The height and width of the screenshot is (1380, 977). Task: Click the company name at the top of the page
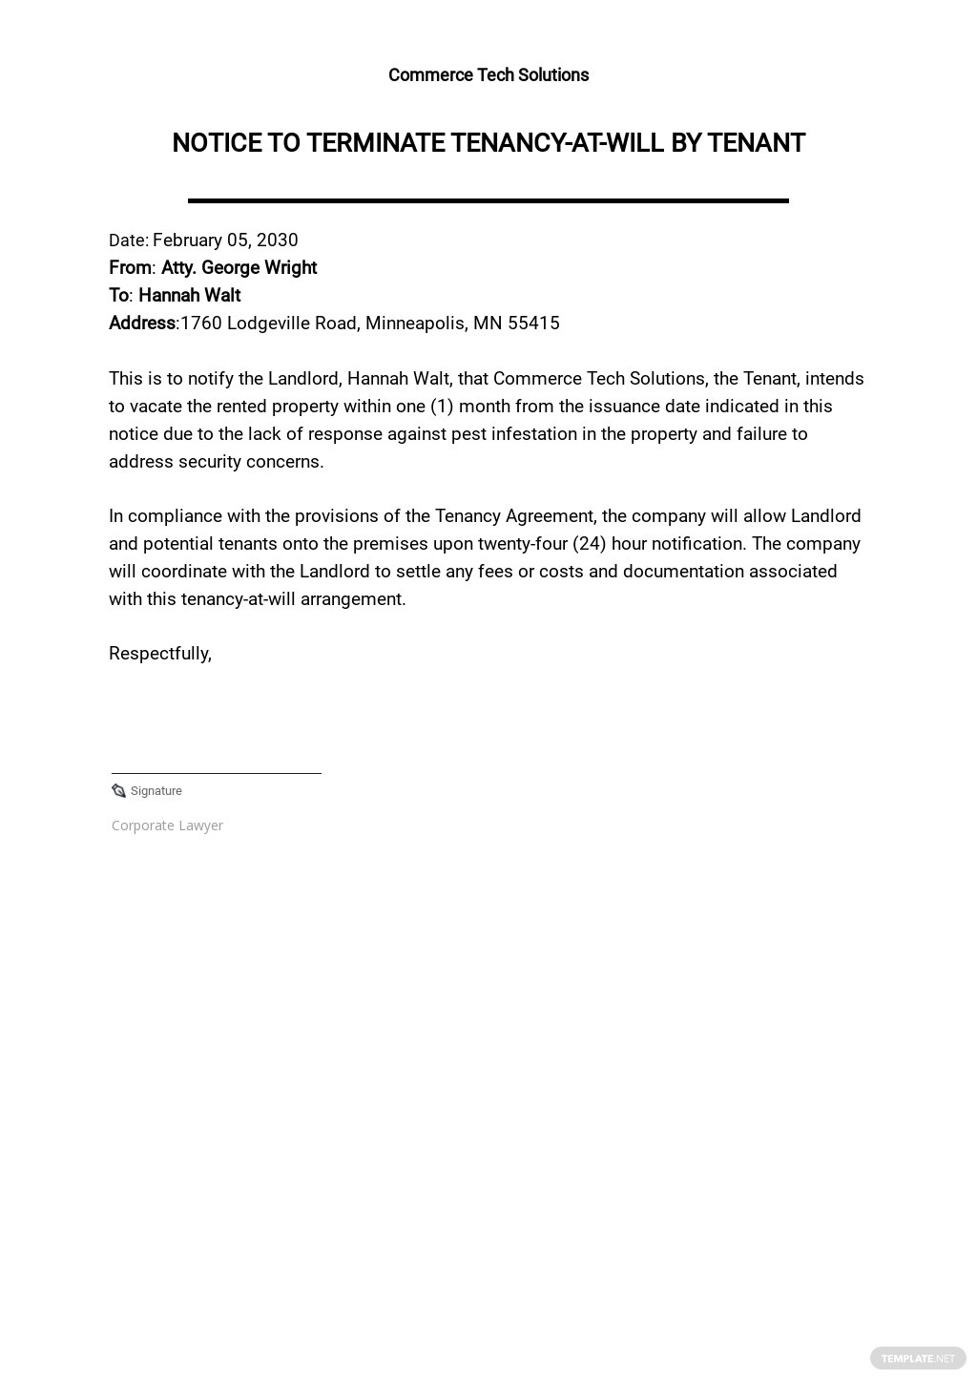[x=488, y=75]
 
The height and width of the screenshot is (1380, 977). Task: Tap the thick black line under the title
[x=488, y=200]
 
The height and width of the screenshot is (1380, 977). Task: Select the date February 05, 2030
[x=225, y=240]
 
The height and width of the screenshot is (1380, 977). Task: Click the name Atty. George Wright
[x=239, y=268]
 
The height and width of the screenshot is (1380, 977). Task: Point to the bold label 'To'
[x=119, y=296]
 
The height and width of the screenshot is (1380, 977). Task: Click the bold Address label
[x=141, y=324]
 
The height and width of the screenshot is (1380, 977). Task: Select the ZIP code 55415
[x=533, y=324]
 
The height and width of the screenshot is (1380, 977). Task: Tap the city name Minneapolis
[x=416, y=324]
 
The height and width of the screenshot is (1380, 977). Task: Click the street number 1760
[x=200, y=324]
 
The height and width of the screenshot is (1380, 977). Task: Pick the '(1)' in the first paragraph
[x=441, y=407]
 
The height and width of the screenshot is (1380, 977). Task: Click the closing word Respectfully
[x=159, y=654]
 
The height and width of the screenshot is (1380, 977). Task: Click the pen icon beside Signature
[x=118, y=791]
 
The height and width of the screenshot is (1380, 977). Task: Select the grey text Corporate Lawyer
[x=167, y=826]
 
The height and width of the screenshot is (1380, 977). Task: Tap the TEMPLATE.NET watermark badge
[x=918, y=1358]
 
